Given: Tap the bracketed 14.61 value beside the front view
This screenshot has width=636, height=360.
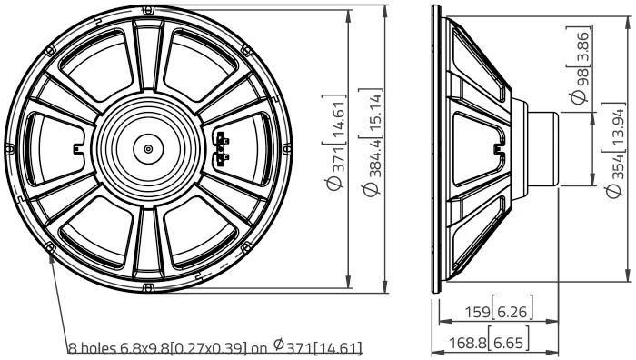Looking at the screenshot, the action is pyautogui.click(x=337, y=119).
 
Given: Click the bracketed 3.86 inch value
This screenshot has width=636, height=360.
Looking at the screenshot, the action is pyautogui.click(x=581, y=45).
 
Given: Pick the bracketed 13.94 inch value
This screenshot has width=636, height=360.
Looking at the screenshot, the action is pyautogui.click(x=617, y=127).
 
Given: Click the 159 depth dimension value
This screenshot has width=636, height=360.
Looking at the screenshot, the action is pyautogui.click(x=477, y=312).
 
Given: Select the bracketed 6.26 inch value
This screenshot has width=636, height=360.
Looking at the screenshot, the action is pyautogui.click(x=512, y=312).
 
